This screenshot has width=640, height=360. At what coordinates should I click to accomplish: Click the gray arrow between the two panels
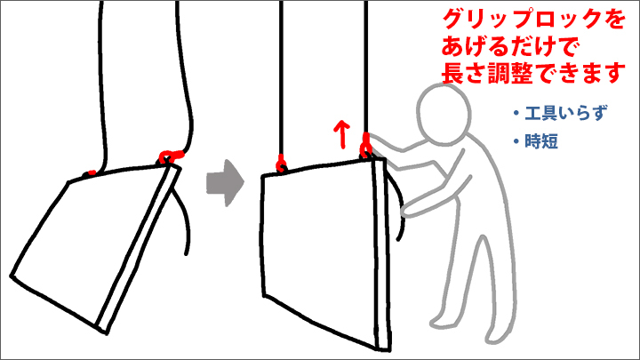point(225,182)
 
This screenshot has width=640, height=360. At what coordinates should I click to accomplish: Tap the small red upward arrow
point(341,134)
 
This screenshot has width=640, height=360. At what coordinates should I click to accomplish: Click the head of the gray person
point(444,114)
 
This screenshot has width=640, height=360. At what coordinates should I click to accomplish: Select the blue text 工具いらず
point(565,113)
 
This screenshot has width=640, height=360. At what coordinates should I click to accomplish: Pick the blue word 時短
point(541,141)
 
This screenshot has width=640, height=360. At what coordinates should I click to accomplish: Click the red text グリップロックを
point(533,20)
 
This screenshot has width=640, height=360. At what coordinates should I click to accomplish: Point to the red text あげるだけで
point(510,46)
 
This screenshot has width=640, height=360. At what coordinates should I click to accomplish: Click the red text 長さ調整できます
point(533,73)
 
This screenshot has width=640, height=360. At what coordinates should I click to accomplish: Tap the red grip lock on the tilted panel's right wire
point(171,156)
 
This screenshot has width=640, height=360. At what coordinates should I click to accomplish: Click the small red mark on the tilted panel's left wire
point(92,173)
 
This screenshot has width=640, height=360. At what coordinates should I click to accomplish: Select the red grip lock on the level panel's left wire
point(281,164)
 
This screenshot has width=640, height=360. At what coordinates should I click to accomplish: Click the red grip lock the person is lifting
point(365,145)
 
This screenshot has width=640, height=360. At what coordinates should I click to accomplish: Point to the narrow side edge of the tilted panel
point(140,249)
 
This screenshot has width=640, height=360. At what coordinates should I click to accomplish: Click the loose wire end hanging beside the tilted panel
point(184,220)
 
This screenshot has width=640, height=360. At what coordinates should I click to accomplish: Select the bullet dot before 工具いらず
point(516,114)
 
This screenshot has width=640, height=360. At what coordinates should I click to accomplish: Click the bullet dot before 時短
point(516,141)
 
